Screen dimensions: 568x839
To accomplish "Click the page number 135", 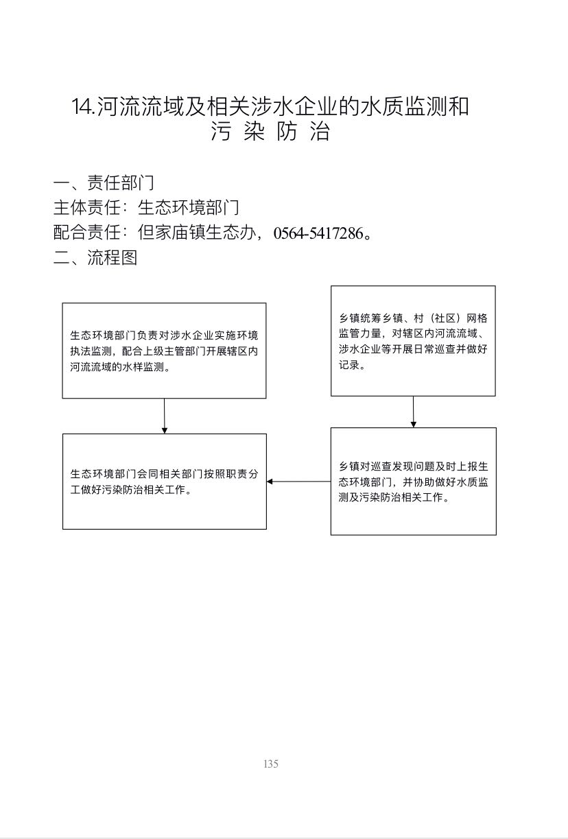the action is click(x=271, y=764).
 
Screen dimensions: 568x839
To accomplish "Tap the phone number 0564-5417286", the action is click(x=318, y=233).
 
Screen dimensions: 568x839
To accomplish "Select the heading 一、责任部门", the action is click(x=104, y=182).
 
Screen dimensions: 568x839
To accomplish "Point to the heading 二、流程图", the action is click(x=95, y=258).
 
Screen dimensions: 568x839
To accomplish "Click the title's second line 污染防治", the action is click(x=270, y=131).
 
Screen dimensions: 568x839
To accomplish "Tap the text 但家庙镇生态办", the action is click(x=197, y=233).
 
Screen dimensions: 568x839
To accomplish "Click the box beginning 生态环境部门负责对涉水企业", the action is click(x=164, y=351).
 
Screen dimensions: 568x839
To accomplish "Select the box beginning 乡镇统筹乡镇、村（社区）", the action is click(x=413, y=341).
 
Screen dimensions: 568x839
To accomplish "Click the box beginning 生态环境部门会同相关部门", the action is click(x=165, y=482).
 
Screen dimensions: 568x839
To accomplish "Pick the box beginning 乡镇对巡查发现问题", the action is click(x=414, y=482).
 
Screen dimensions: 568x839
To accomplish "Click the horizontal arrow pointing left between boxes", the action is click(x=299, y=482).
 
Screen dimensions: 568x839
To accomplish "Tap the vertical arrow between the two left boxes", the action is click(x=164, y=416).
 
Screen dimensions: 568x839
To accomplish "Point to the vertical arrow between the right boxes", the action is click(x=414, y=412).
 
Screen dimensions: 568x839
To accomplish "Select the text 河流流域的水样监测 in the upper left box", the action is click(x=117, y=367).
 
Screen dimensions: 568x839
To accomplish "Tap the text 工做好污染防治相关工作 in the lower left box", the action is click(x=128, y=490).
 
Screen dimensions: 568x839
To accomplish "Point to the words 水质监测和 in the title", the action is click(x=414, y=106).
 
